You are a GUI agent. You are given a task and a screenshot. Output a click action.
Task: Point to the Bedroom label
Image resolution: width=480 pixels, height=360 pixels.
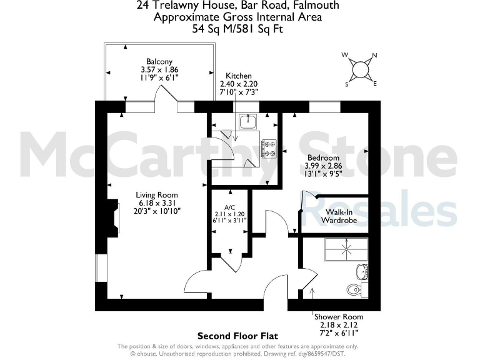322,157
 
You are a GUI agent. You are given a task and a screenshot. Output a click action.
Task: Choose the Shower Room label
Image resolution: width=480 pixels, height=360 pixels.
338,317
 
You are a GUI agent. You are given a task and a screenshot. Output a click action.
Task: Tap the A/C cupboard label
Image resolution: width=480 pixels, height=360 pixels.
229,207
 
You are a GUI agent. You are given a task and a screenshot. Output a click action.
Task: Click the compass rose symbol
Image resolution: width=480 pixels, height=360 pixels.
361,69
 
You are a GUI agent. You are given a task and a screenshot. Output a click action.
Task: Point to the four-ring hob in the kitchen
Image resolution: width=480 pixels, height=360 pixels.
269,147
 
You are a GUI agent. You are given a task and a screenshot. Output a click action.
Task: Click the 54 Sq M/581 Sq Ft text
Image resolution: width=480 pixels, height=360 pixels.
238,29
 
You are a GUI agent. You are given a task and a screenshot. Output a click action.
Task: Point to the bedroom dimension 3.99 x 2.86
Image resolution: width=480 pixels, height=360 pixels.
322,166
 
